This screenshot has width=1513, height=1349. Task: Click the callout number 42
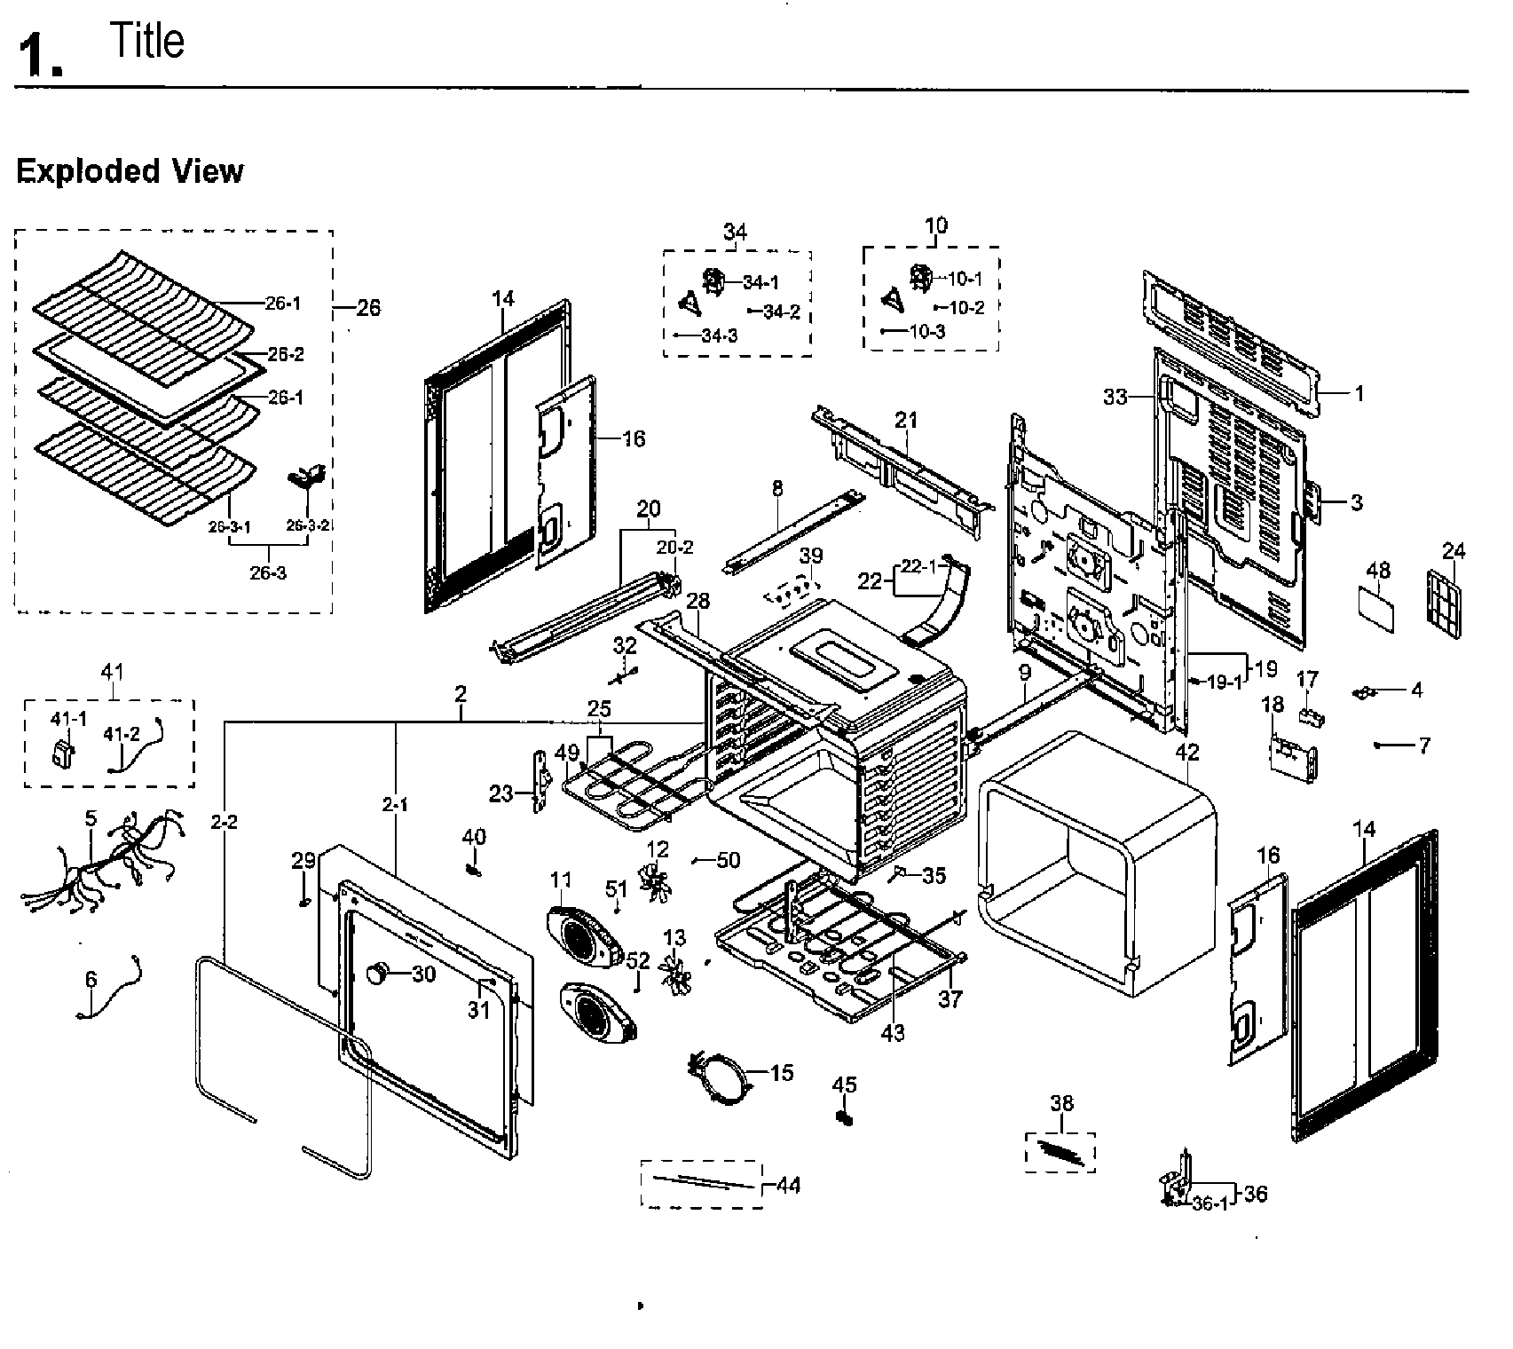(1186, 753)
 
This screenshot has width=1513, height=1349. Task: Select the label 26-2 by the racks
(285, 354)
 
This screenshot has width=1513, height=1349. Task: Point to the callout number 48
(1377, 570)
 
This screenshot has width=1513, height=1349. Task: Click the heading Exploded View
(130, 170)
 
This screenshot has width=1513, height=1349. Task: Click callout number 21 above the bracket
(906, 419)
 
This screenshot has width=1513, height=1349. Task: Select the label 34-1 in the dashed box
(760, 282)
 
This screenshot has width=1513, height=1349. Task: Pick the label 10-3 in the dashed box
(926, 331)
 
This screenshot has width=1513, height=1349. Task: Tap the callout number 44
(788, 1185)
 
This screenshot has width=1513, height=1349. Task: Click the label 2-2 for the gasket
(224, 822)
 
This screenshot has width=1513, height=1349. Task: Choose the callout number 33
(1115, 397)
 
